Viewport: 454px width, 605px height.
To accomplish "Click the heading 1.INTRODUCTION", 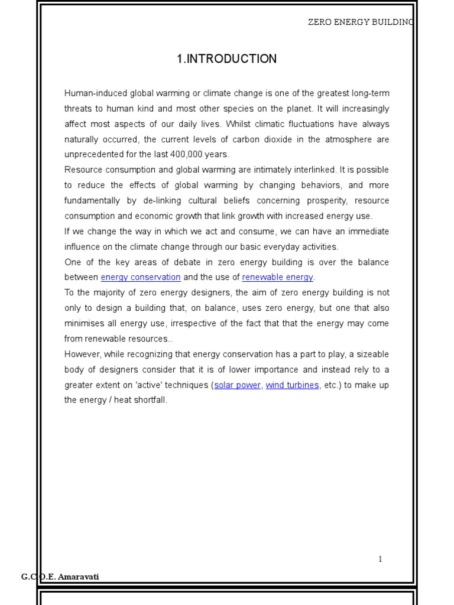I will (226, 59).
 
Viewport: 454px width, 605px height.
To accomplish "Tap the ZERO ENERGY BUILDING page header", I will (361, 22).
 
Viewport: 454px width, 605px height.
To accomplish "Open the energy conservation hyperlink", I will (141, 278).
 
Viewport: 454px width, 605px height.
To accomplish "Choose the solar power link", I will (237, 385).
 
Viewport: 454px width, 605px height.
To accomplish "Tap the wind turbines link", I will (293, 385).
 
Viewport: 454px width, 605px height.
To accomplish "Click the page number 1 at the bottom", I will (380, 559).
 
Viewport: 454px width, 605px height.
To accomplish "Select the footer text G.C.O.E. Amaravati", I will (60, 577).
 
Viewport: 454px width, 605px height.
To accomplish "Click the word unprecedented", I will (92, 155).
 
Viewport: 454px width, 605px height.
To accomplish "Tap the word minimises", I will (85, 324).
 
